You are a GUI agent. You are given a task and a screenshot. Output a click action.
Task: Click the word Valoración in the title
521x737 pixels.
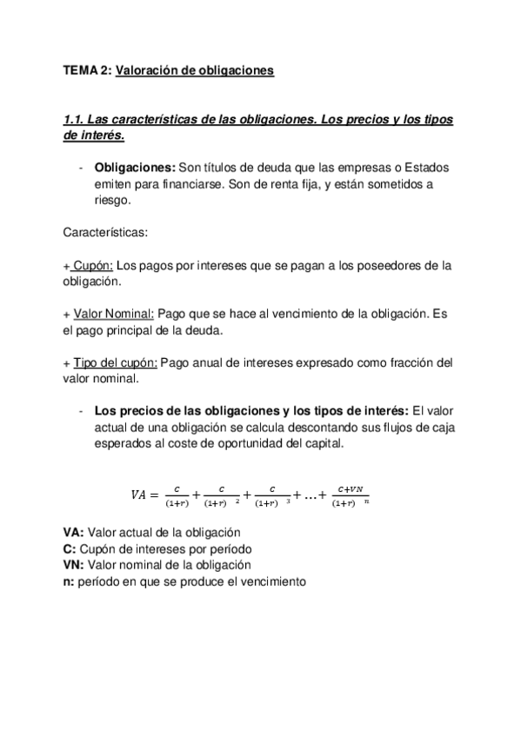(x=150, y=70)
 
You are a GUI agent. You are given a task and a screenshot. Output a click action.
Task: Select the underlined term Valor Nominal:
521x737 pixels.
(x=114, y=313)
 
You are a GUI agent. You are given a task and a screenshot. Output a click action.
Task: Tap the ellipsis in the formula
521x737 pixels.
(x=305, y=495)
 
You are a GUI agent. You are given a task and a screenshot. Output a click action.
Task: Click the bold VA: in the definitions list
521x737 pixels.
(x=74, y=531)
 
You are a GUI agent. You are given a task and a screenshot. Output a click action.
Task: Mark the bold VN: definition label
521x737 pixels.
(x=74, y=565)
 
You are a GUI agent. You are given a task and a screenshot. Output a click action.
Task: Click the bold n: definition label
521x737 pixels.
(x=69, y=581)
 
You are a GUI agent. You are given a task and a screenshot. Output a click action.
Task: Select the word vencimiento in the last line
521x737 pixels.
(x=269, y=581)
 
